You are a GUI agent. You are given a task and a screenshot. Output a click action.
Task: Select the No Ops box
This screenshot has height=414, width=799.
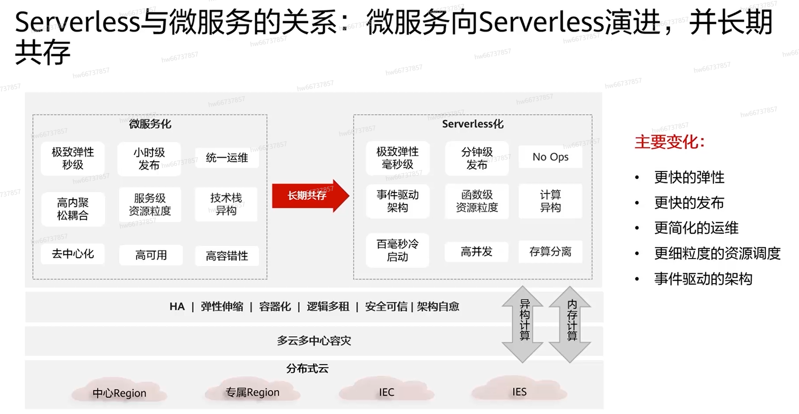(x=550, y=157)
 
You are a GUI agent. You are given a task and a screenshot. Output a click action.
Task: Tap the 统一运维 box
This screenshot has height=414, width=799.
(x=227, y=158)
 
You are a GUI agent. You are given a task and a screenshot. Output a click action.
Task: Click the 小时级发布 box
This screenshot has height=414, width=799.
(x=149, y=159)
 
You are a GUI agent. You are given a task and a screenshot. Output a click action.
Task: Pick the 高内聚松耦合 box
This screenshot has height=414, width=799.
(x=73, y=209)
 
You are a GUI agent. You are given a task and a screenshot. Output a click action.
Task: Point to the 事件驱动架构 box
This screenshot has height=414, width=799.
(x=397, y=201)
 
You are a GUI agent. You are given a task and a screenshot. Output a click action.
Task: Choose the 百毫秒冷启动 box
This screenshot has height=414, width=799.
(x=397, y=250)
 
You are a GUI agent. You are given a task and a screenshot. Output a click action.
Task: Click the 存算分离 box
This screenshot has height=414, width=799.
(x=550, y=252)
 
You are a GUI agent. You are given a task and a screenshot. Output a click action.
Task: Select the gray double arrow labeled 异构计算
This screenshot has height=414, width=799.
(x=523, y=324)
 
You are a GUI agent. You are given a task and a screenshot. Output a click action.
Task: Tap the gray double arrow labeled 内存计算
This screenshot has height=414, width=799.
(x=570, y=324)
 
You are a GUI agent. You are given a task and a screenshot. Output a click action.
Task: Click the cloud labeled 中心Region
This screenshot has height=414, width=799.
(x=119, y=392)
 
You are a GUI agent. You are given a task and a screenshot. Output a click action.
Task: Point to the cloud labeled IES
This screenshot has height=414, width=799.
(x=519, y=391)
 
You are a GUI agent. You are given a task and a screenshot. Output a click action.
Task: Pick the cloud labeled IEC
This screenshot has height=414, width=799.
(x=386, y=392)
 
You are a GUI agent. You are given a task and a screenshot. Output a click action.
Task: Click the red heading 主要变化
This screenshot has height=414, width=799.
(x=669, y=142)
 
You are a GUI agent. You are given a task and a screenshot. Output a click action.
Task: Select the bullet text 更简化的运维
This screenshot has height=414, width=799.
(x=696, y=228)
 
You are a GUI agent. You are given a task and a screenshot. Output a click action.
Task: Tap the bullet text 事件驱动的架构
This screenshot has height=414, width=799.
(x=703, y=278)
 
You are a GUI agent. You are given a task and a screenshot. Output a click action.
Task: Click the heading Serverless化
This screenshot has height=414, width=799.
(x=473, y=124)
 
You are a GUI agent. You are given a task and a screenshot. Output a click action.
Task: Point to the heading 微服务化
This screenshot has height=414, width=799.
(x=150, y=124)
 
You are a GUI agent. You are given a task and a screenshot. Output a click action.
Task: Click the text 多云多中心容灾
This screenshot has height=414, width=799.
(x=314, y=341)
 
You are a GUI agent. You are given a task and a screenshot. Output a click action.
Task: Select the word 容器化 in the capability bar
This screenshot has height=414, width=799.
(x=275, y=307)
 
